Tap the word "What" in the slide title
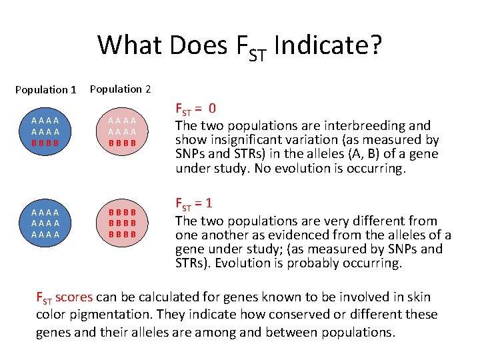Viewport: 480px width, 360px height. tap(131, 45)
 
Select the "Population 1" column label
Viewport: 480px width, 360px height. tap(46, 89)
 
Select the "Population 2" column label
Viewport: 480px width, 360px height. tap(120, 89)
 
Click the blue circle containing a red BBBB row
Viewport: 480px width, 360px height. tap(45, 131)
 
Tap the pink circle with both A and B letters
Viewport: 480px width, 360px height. tap(122, 131)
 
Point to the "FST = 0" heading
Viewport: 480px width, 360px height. tap(195, 108)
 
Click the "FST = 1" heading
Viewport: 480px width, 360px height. tap(194, 203)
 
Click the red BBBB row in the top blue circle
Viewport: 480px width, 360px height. tap(45, 142)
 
